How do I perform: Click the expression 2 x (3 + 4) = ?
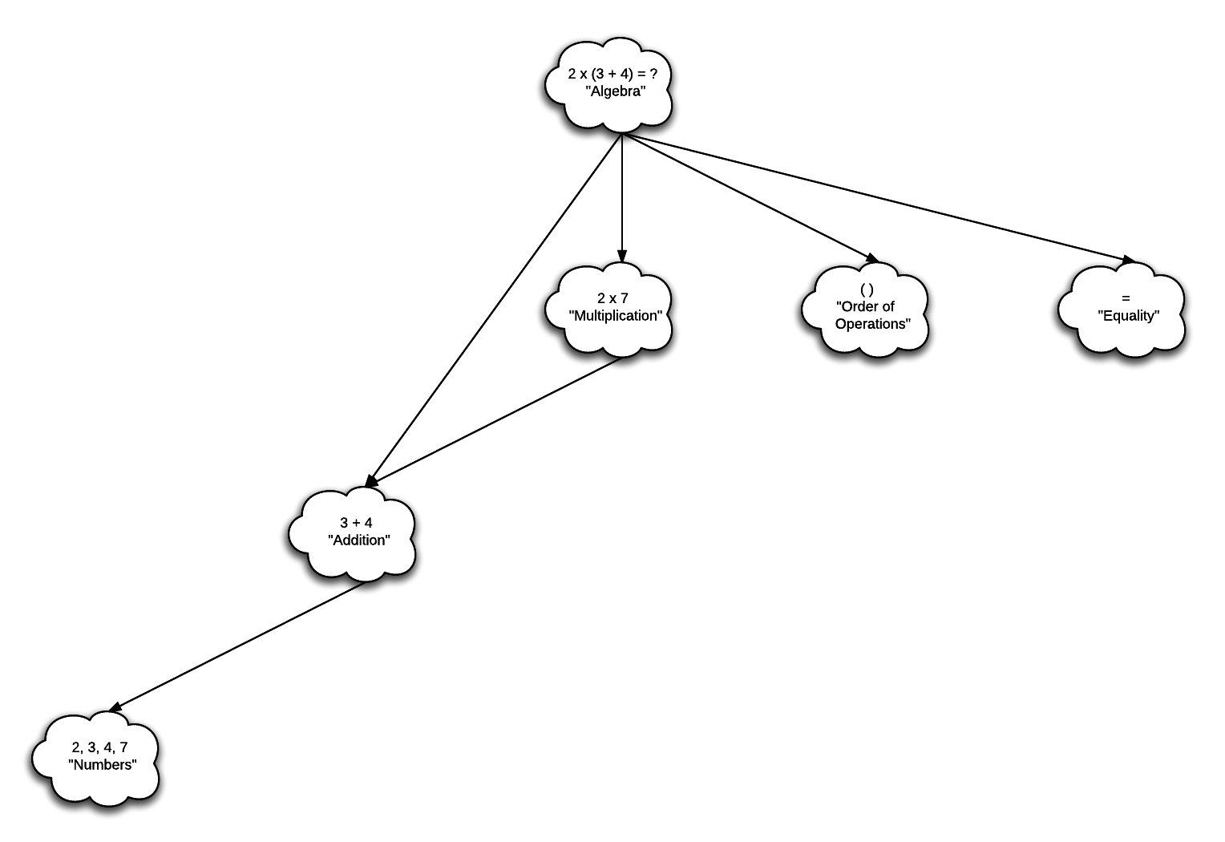(612, 74)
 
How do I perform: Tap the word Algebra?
(615, 91)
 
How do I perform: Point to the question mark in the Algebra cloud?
(653, 74)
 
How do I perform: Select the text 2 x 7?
(612, 298)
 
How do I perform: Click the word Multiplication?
(616, 316)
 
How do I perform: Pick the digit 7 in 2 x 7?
(625, 298)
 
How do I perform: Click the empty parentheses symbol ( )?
(867, 289)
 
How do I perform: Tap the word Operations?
(873, 324)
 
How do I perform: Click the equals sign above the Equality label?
(1126, 298)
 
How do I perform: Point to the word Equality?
(1129, 316)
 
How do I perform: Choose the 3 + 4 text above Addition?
(356, 523)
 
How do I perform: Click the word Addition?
(359, 540)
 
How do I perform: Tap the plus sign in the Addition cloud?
(356, 523)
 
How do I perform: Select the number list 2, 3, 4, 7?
(99, 747)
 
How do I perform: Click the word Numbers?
(103, 765)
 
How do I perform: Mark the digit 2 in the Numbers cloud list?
(75, 747)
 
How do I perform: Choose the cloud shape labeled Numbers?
(96, 786)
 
